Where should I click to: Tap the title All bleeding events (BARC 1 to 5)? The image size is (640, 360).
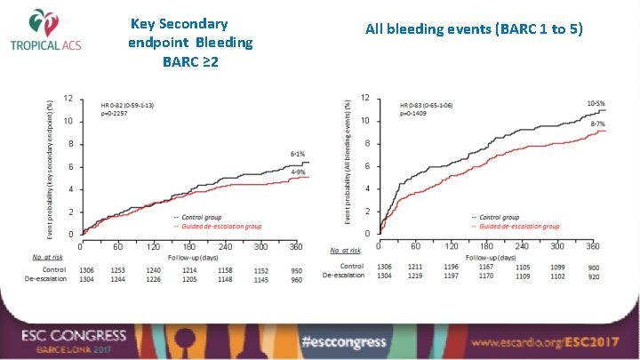474,29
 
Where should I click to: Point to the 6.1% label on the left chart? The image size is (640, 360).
298,154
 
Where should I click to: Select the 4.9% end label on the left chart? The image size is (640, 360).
298,172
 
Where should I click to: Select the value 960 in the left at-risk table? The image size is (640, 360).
298,277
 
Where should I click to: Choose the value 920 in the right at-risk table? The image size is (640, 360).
593,276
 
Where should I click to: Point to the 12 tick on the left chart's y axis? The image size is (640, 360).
69,98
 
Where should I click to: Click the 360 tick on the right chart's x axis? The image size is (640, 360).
593,246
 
